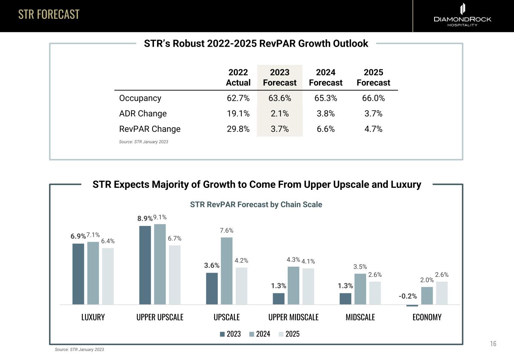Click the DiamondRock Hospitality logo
(462, 15)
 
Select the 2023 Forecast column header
(279, 78)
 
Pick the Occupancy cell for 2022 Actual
(238, 98)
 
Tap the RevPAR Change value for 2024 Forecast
(326, 129)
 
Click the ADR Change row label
(143, 114)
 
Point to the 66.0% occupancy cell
(373, 98)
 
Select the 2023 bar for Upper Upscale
(145, 265)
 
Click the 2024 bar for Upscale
(227, 271)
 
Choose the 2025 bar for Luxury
(108, 276)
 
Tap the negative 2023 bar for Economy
(412, 305)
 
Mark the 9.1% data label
(160, 217)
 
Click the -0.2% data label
(408, 296)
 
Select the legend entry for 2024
(259, 334)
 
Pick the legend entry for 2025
(289, 334)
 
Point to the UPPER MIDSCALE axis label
(293, 317)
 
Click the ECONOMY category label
(427, 317)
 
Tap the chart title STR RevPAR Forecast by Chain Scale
(256, 204)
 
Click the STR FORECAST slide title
(49, 14)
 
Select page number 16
(493, 343)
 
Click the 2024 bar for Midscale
(360, 289)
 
